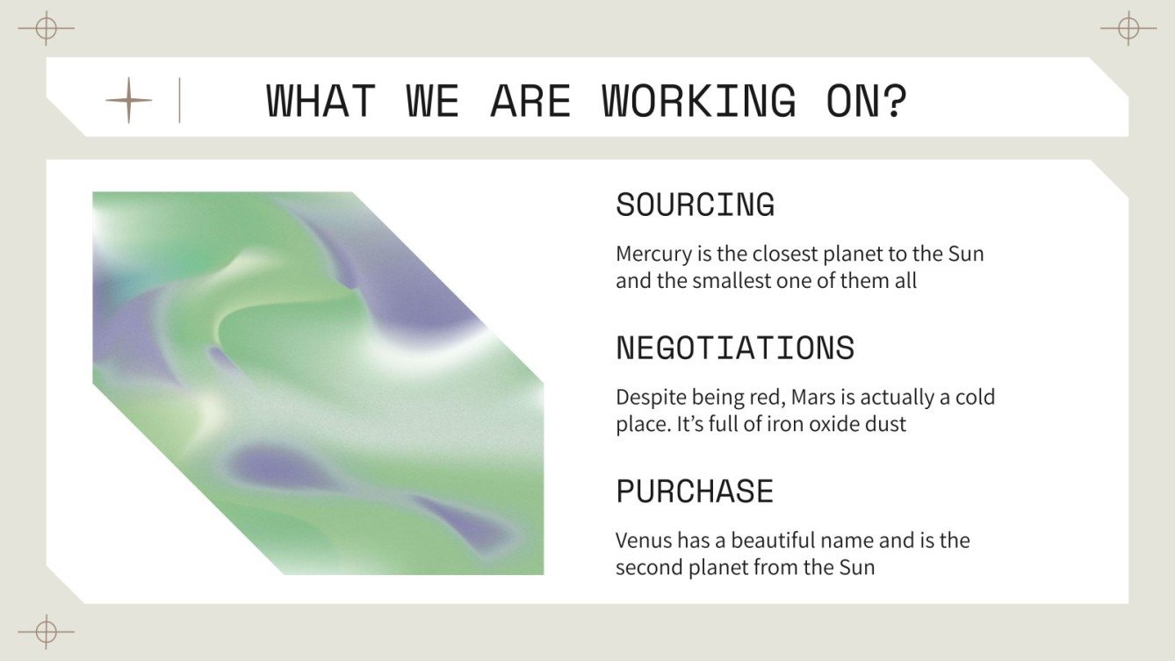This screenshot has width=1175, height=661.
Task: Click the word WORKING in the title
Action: click(698, 101)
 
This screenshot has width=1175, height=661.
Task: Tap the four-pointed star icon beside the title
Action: click(128, 100)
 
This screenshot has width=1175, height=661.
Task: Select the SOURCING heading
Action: click(695, 205)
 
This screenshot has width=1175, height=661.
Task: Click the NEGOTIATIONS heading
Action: click(735, 348)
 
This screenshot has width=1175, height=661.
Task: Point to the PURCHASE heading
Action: click(695, 491)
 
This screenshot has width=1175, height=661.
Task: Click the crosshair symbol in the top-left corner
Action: click(46, 29)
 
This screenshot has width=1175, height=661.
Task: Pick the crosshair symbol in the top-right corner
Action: click(1128, 29)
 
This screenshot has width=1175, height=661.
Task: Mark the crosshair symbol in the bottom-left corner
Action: click(46, 631)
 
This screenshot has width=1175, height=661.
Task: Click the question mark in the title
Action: click(894, 101)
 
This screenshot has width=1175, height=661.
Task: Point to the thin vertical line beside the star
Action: click(179, 100)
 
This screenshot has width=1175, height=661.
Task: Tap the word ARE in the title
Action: click(530, 101)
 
